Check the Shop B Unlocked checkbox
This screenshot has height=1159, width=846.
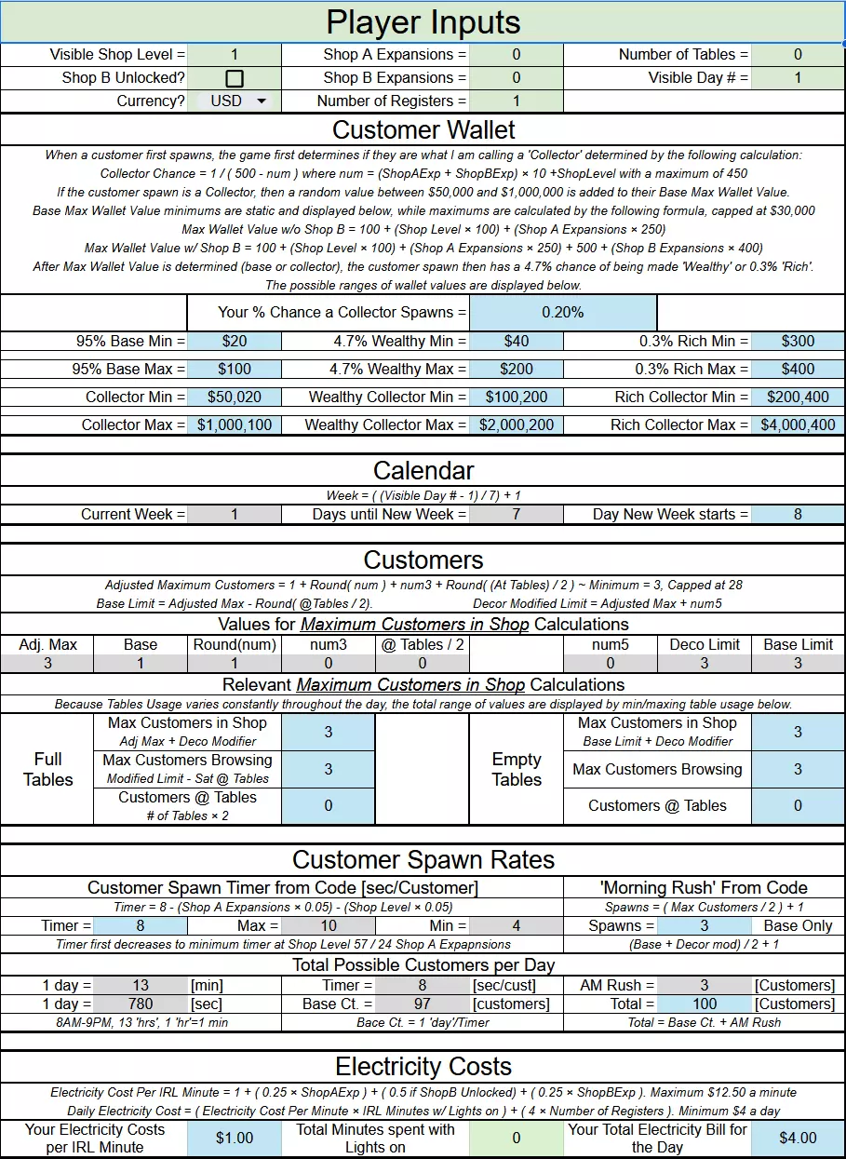coord(235,78)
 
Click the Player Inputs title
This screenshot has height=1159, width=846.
coord(423,22)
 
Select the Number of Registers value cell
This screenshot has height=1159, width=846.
coord(517,101)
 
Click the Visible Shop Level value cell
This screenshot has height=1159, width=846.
coord(235,55)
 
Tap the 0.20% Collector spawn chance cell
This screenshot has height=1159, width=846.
coord(563,313)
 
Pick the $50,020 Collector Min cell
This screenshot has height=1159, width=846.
coord(235,398)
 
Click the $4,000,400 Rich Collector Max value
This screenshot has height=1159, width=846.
coord(798,425)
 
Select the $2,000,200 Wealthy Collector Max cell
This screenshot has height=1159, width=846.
coord(517,425)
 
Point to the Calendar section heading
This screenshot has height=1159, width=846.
coord(423,471)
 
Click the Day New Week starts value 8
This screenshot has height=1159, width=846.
coord(798,514)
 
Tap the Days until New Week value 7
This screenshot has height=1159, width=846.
coord(517,514)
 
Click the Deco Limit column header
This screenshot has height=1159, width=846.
coord(705,644)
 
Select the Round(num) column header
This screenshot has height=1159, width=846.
coord(235,644)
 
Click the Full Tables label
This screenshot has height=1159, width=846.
coord(47,770)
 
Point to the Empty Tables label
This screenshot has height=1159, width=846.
coord(517,770)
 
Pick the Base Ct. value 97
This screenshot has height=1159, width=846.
coord(422,1004)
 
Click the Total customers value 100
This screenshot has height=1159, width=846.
coord(705,1004)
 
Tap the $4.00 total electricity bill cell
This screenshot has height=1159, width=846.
coord(798,1138)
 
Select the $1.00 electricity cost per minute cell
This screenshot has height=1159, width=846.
coord(235,1138)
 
